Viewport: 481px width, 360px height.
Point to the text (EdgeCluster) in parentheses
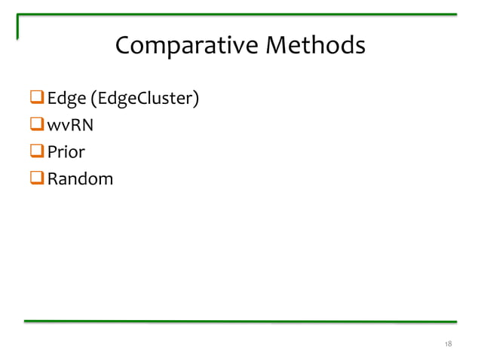(144, 99)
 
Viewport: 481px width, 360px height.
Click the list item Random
(80, 178)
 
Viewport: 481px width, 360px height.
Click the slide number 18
(448, 344)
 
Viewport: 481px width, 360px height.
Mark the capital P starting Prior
(52, 152)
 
